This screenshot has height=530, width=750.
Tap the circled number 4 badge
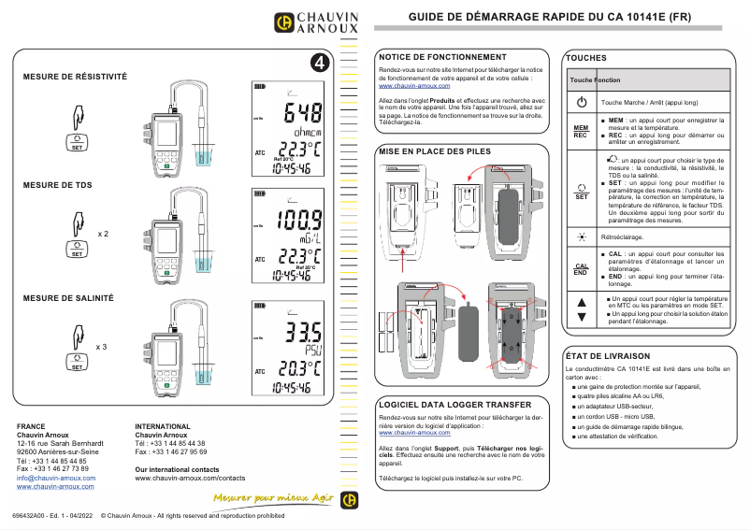319,64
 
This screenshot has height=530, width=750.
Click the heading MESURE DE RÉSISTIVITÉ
75,75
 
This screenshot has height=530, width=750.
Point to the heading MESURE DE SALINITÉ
68,297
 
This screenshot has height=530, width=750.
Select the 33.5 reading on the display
303,333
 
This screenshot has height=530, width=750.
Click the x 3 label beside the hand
102,347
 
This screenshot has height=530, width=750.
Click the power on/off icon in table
581,102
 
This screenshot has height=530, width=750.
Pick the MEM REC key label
581,132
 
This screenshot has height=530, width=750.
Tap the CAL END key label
581,269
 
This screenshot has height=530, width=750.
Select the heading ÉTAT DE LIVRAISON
608,356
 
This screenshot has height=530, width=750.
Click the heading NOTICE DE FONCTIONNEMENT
442,58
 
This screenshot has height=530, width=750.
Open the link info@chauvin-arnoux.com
56,478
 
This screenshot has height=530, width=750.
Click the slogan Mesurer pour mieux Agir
274,496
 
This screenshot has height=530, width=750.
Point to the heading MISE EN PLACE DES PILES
434,150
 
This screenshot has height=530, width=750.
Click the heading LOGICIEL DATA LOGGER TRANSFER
454,404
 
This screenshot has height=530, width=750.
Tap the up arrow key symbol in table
581,302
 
